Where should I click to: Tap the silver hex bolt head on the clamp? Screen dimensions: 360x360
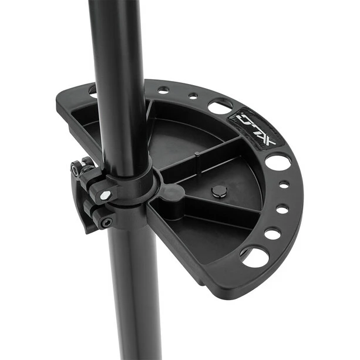pyautogui.click(x=106, y=195)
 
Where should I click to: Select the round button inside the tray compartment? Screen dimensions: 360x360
pyautogui.click(x=219, y=191)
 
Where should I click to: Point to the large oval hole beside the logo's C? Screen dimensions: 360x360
pyautogui.click(x=220, y=108)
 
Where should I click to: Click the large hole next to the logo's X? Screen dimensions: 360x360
pyautogui.click(x=278, y=163)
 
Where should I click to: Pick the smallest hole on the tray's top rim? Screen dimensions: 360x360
pyautogui.click(x=193, y=96)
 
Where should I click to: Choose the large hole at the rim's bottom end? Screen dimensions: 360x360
pyautogui.click(x=254, y=257)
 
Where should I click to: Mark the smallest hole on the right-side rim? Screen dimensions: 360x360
pyautogui.click(x=284, y=184)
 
